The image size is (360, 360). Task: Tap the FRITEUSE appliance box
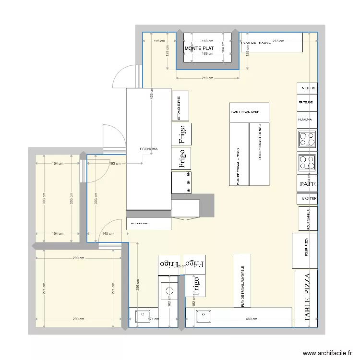pyautogui.click(x=307, y=103)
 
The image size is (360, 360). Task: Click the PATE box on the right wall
pyautogui.click(x=307, y=184)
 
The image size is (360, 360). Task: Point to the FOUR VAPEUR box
pyautogui.click(x=308, y=219)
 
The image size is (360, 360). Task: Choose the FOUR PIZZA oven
pyautogui.click(x=305, y=251)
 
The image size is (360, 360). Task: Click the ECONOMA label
pyautogui.click(x=149, y=149)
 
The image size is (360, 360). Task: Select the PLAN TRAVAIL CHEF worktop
pyautogui.click(x=249, y=112)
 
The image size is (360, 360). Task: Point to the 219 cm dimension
pyautogui.click(x=207, y=78)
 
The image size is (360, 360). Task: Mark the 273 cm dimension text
pyautogui.click(x=278, y=41)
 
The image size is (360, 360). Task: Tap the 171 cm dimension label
pyautogui.click(x=152, y=319)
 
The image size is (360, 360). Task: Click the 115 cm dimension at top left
pyautogui.click(x=159, y=41)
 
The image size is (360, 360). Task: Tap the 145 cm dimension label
pyautogui.click(x=108, y=234)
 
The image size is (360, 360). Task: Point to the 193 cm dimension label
pyautogui.click(x=115, y=164)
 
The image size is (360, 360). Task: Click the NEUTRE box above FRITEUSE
pyautogui.click(x=308, y=88)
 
